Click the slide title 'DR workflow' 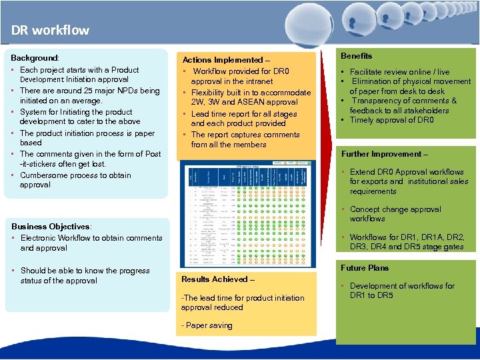pos(50,30)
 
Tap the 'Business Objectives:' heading pos(51,227)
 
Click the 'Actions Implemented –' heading pos(226,60)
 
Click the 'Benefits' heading pos(357,56)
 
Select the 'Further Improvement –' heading pos(384,154)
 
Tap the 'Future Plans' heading pos(365,268)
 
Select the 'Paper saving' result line pos(207,325)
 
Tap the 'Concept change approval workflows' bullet pos(395,213)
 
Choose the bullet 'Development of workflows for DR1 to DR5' pos(401,291)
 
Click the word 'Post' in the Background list pos(153,154)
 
